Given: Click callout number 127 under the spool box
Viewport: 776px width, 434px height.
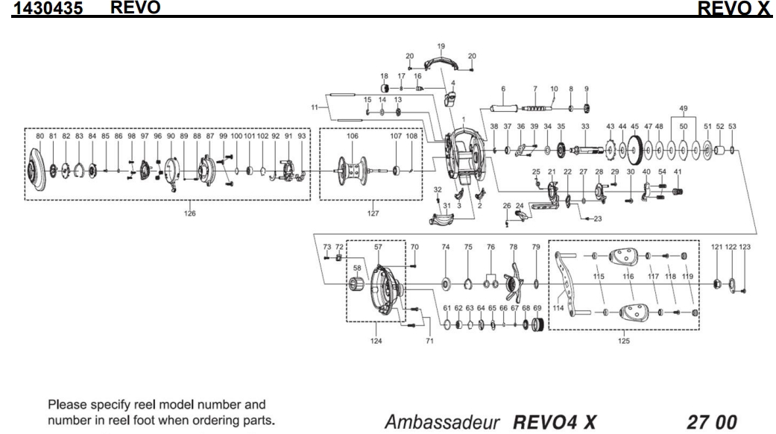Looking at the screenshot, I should (370, 213).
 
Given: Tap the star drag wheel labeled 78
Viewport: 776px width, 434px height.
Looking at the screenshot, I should (513, 283).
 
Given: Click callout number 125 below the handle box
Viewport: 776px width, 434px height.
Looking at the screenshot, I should (624, 341).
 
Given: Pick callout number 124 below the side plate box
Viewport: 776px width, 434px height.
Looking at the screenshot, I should (376, 341).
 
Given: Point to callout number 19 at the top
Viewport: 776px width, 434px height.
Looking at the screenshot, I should (441, 46).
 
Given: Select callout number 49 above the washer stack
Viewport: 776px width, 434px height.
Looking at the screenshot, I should (683, 110).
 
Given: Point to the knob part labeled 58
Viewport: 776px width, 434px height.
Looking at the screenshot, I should (359, 286).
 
